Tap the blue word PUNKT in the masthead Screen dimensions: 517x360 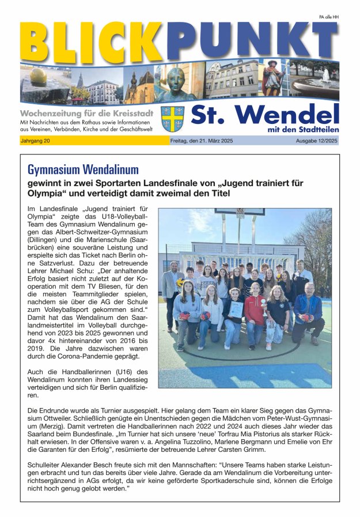(x=251, y=40)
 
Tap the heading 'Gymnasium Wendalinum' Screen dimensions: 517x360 (x=83, y=169)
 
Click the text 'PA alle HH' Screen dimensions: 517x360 (x=328, y=18)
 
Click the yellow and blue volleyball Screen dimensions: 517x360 (x=180, y=282)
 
